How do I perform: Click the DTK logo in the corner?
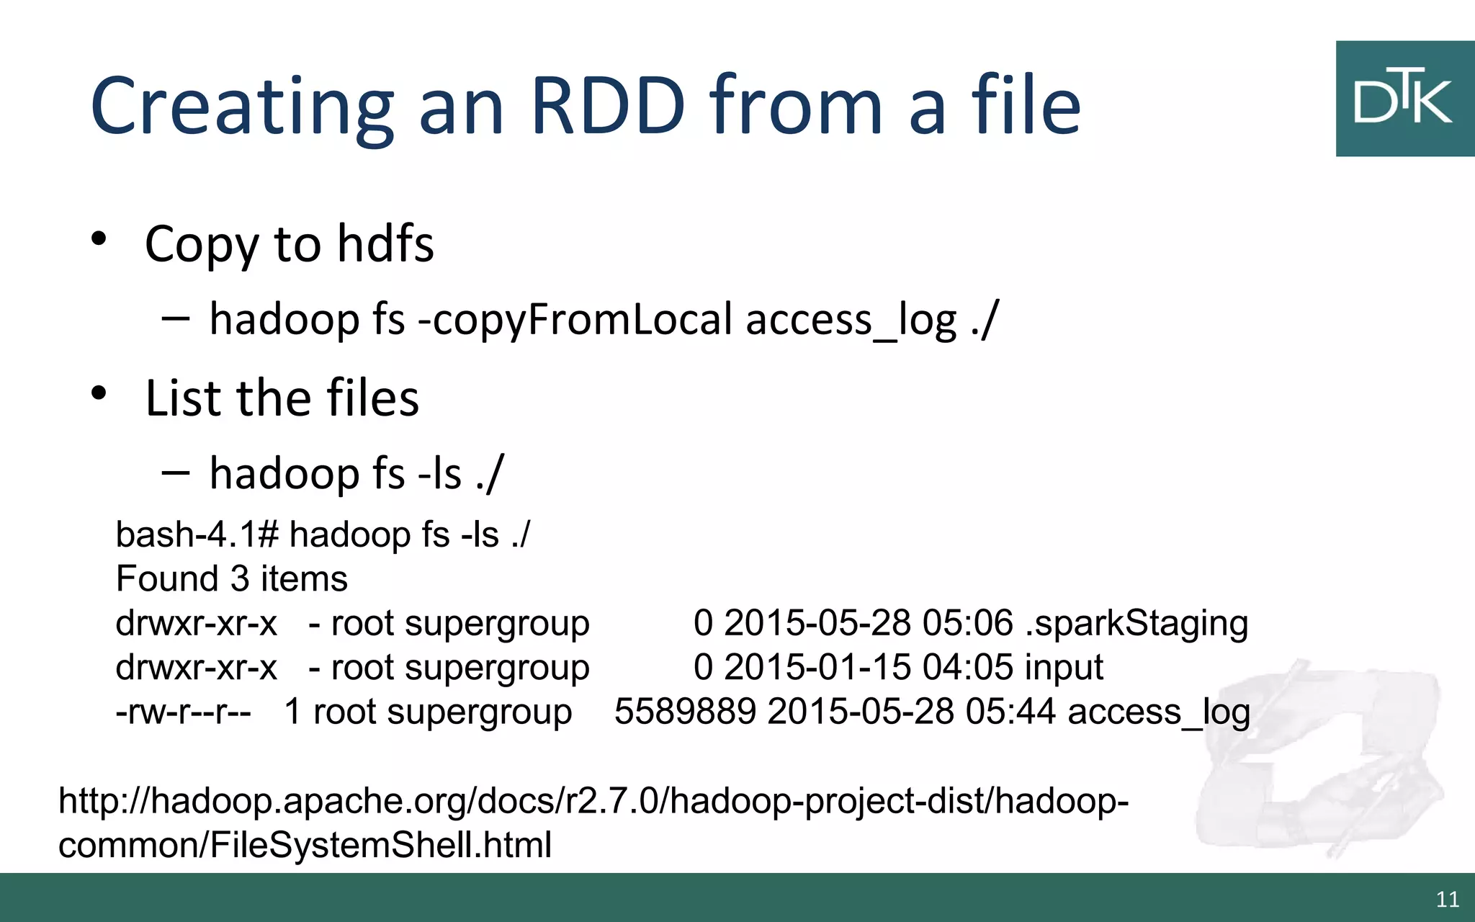[1404, 99]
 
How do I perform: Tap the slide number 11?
[1447, 899]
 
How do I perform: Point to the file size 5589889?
[685, 712]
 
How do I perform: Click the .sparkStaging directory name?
[1136, 623]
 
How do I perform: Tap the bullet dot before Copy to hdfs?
[99, 239]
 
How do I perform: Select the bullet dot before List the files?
[99, 393]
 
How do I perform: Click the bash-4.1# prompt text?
[197, 535]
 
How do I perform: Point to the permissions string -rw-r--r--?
[184, 712]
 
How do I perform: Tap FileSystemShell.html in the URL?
[380, 845]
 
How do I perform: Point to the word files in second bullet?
[372, 398]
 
